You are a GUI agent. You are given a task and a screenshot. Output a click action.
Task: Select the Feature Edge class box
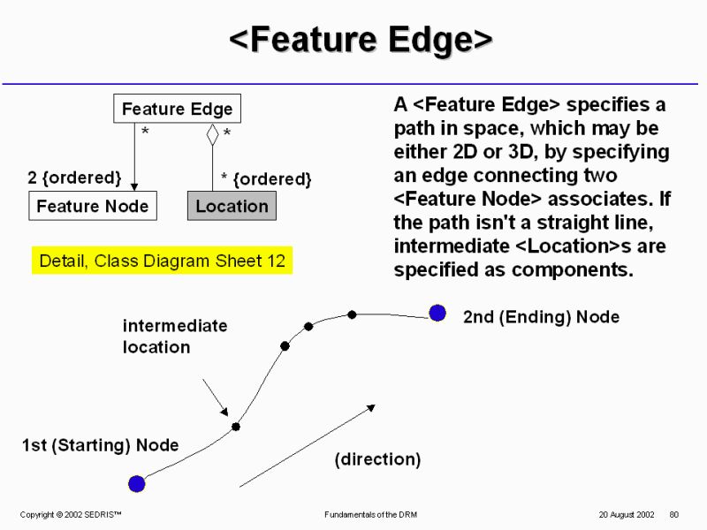pyautogui.click(x=177, y=110)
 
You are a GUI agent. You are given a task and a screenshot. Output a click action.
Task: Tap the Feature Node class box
pyautogui.click(x=93, y=206)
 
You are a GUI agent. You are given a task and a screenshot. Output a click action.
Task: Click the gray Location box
pyautogui.click(x=232, y=206)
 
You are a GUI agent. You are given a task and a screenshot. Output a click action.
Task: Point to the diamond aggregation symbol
pyautogui.click(x=212, y=134)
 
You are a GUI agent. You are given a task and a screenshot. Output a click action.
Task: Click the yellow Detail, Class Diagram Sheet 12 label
pyautogui.click(x=162, y=261)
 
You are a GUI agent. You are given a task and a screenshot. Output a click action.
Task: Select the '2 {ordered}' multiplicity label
pyautogui.click(x=75, y=178)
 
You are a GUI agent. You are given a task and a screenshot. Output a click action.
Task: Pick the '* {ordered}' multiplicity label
pyautogui.click(x=266, y=179)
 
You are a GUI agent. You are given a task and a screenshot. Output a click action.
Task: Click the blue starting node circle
pyautogui.click(x=136, y=483)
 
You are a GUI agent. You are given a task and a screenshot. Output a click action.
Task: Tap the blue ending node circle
pyautogui.click(x=437, y=313)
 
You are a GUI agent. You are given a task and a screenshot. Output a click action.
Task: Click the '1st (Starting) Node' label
pyautogui.click(x=100, y=445)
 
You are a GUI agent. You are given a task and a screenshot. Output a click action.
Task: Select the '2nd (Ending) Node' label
pyautogui.click(x=541, y=317)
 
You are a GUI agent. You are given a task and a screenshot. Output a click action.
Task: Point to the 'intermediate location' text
pyautogui.click(x=174, y=337)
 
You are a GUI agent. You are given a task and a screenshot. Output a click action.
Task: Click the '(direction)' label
pyautogui.click(x=377, y=459)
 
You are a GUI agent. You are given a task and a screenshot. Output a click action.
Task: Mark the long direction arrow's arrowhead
pyautogui.click(x=371, y=407)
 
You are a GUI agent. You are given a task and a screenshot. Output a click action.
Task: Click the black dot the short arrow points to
pyautogui.click(x=236, y=427)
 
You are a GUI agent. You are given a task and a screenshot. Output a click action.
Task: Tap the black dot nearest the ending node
pyautogui.click(x=352, y=314)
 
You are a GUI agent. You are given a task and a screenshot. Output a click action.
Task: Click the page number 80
pyautogui.click(x=673, y=514)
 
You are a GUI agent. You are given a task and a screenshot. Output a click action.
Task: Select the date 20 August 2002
pyautogui.click(x=626, y=514)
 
